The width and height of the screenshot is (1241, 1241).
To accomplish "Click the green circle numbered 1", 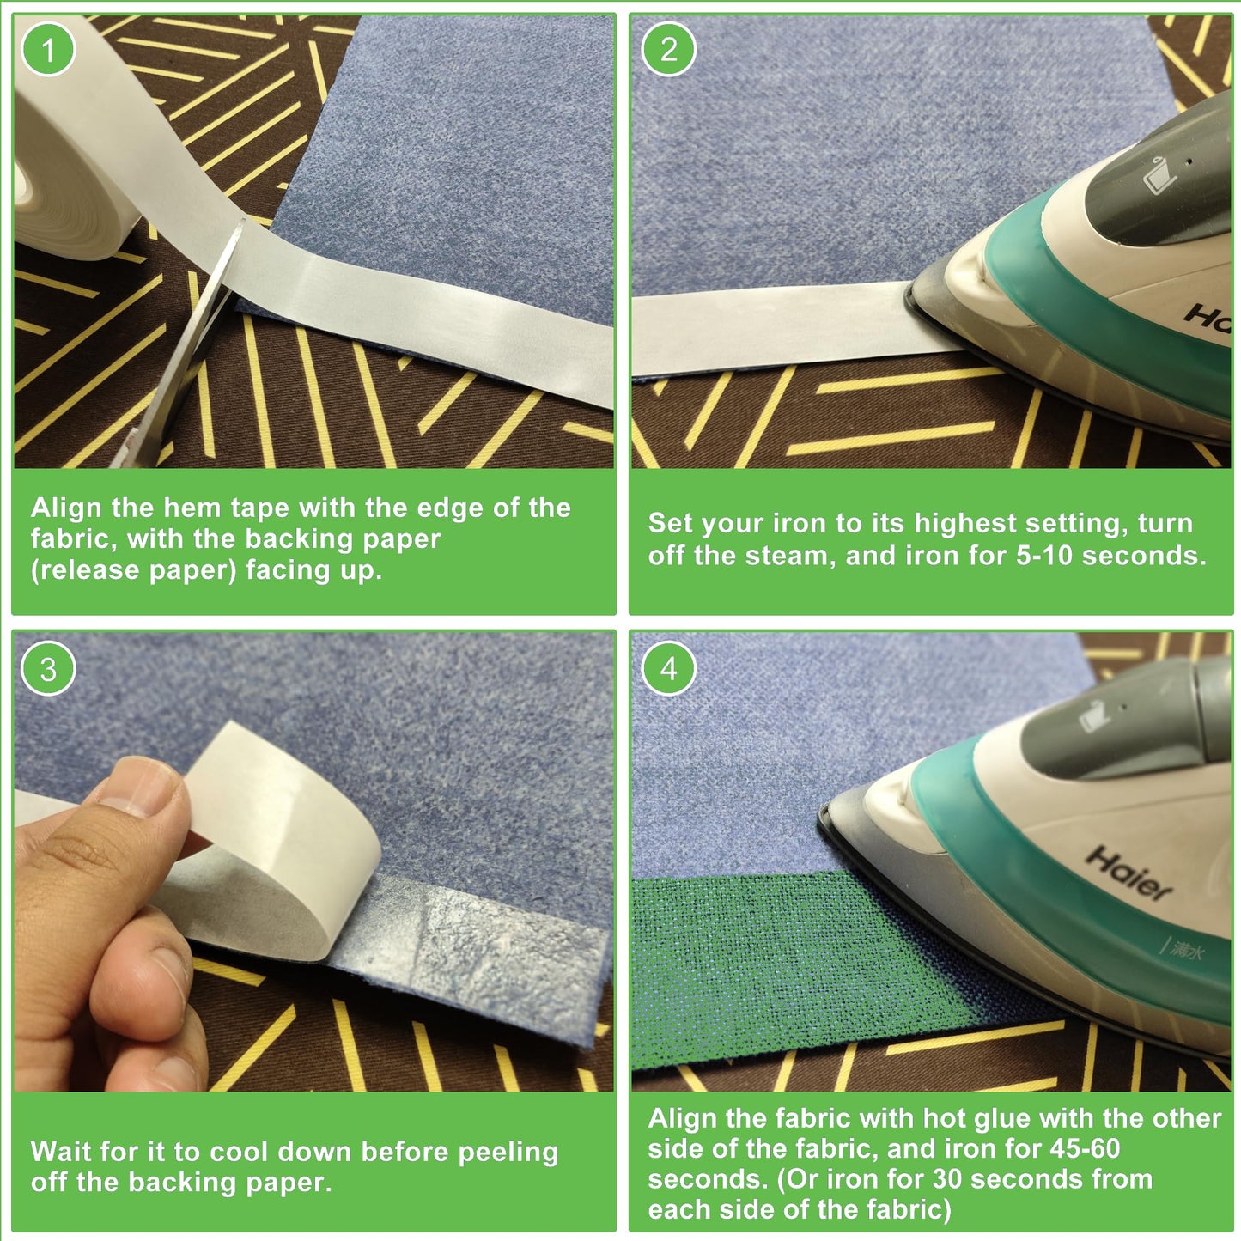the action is click(47, 49).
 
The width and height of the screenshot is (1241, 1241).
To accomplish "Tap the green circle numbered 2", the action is click(668, 49).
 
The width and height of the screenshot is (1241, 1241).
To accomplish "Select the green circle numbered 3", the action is click(47, 669).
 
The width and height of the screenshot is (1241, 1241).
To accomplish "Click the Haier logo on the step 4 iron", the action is click(1128, 873).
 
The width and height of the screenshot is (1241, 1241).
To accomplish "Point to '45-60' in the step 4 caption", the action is click(1085, 1148).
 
